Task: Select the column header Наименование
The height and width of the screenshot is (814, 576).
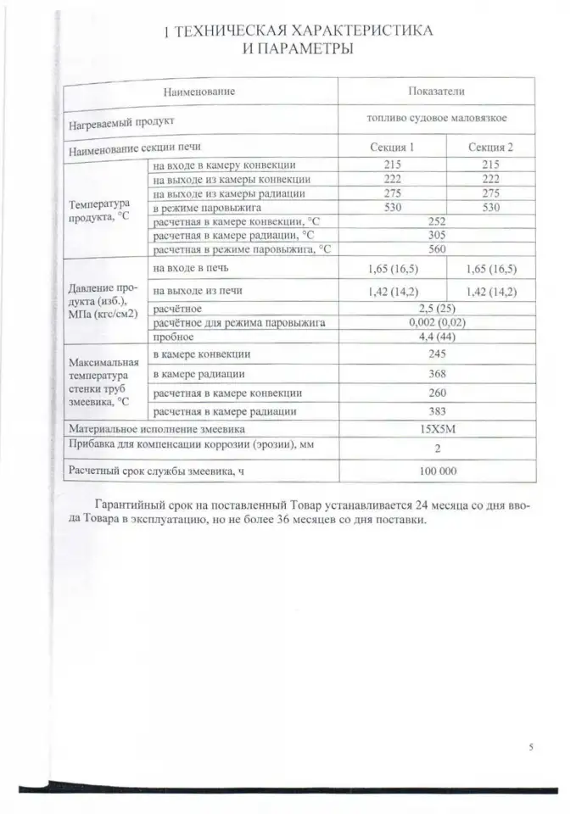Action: (x=199, y=91)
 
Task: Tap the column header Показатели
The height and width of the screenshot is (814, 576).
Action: (x=437, y=91)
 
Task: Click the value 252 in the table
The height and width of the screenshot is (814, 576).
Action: (x=437, y=221)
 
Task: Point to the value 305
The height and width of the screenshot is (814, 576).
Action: (x=437, y=235)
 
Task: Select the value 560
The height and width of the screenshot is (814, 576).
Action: (x=437, y=249)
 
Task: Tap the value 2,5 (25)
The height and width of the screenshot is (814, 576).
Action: (x=437, y=309)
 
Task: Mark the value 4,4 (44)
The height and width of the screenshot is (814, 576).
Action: (x=437, y=337)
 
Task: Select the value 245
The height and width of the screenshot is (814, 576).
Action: (x=437, y=354)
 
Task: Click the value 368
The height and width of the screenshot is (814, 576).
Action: (x=437, y=373)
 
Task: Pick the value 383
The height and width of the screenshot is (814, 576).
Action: (x=437, y=411)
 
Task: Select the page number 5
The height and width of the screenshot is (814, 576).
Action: (x=530, y=747)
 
